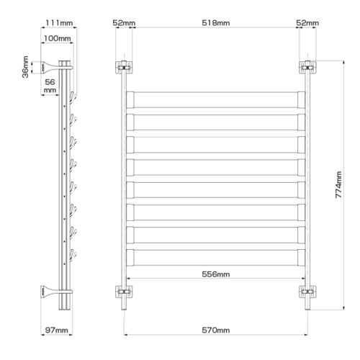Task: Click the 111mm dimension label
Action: (x=59, y=23)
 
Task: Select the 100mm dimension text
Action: (x=57, y=38)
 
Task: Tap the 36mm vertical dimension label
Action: (x=25, y=67)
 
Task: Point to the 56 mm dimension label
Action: (x=50, y=86)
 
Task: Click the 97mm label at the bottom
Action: (x=57, y=330)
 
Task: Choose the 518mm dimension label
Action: (x=216, y=23)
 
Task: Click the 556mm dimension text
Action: (x=216, y=274)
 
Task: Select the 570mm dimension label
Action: (x=216, y=330)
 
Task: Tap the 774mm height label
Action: (x=338, y=184)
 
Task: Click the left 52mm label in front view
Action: (x=124, y=23)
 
